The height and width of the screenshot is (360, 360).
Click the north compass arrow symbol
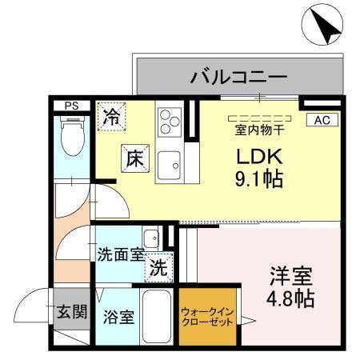(x=319, y=26)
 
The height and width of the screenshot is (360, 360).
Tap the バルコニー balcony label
(x=238, y=78)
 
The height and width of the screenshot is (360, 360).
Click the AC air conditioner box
(x=322, y=120)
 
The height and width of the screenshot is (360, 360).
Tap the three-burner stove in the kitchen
(x=169, y=122)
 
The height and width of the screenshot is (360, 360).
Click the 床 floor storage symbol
(x=134, y=158)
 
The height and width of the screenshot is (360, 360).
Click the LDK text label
(x=257, y=155)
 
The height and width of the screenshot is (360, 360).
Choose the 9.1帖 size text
(x=258, y=178)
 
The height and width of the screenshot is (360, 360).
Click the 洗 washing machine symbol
(x=158, y=269)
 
